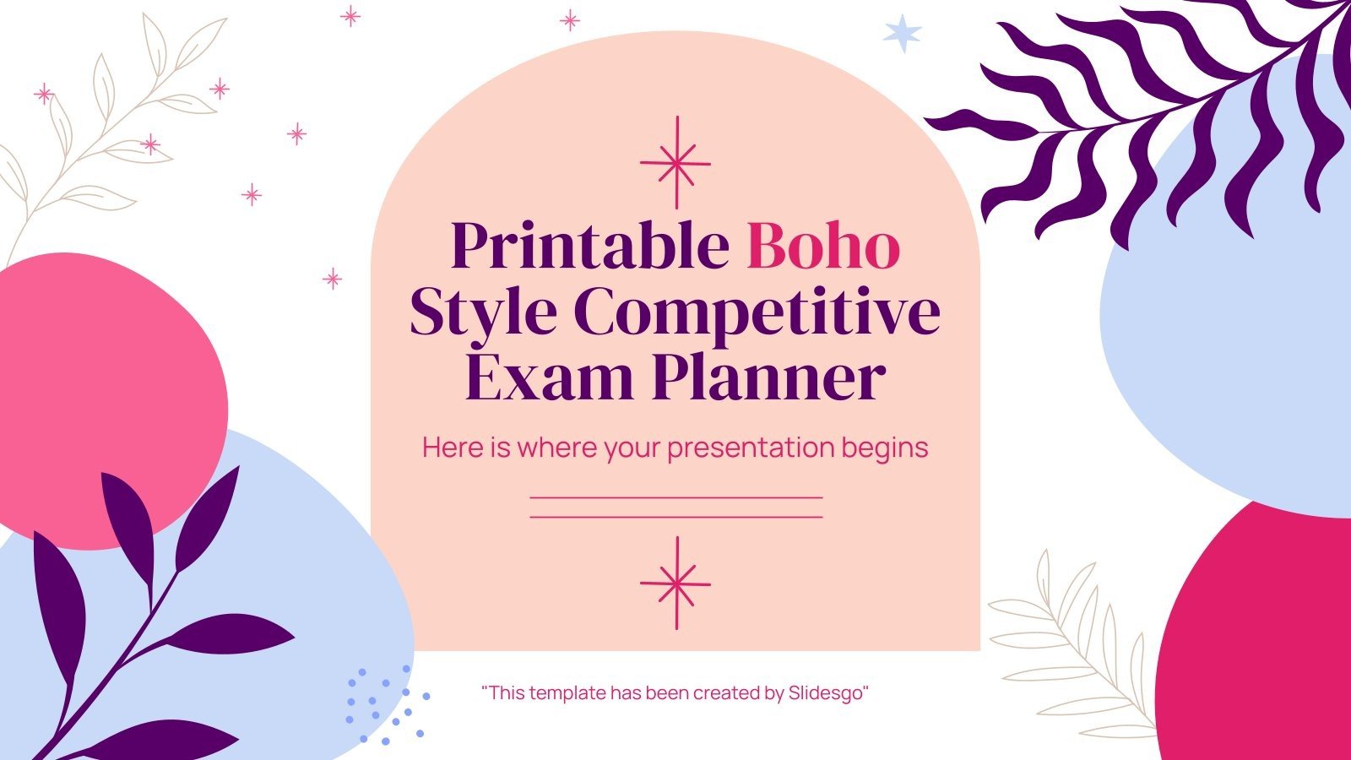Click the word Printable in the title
click(x=590, y=247)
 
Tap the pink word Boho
click(x=823, y=247)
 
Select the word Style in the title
click(x=482, y=312)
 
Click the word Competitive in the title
click(x=757, y=312)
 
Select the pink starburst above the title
click(x=675, y=163)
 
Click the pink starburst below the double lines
click(x=675, y=583)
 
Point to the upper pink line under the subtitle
click(x=675, y=498)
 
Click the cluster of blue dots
click(x=384, y=705)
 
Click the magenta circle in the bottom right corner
click(x=1267, y=642)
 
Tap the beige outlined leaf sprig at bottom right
click(x=1072, y=642)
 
